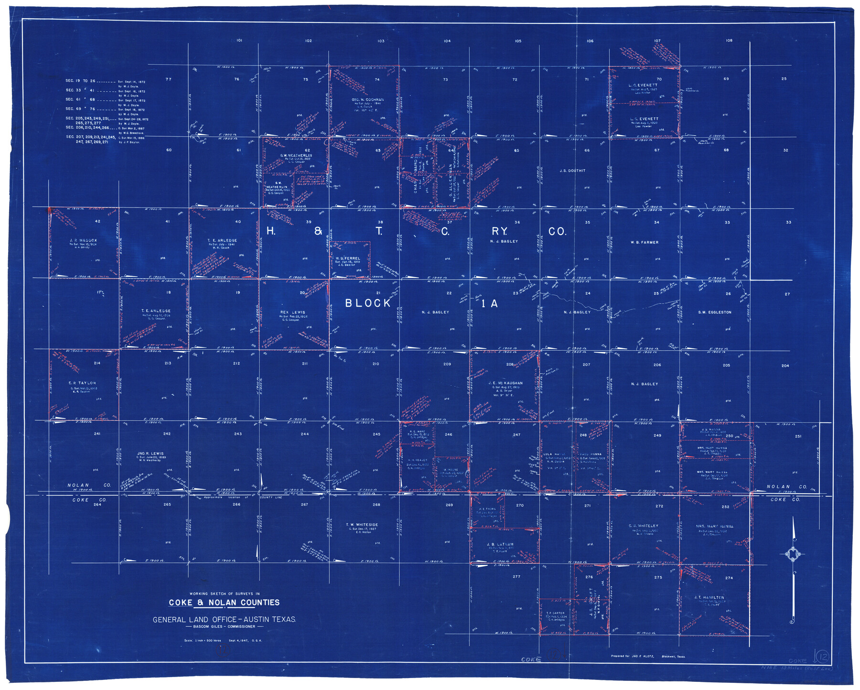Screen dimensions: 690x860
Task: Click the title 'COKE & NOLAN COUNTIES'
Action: [224, 603]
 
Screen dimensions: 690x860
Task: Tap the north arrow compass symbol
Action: [793, 554]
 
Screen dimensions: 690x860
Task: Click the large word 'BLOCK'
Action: [368, 303]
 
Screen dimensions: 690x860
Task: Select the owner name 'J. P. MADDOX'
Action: [83, 240]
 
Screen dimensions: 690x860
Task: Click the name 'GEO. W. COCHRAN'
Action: [367, 100]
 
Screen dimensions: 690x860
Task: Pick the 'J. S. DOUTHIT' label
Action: [572, 171]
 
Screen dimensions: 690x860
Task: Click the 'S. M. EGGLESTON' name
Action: [715, 313]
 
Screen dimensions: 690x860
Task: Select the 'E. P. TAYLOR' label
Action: [82, 383]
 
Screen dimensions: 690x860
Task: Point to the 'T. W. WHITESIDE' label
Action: [362, 525]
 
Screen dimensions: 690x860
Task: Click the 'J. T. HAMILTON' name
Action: [709, 598]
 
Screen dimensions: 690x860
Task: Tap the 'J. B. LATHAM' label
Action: [500, 544]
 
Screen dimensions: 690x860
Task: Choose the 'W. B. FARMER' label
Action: [645, 242]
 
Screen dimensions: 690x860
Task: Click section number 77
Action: [168, 79]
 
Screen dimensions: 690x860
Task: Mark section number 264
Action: [97, 505]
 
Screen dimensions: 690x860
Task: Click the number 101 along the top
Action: [239, 41]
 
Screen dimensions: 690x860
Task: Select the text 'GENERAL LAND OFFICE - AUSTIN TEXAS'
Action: [224, 620]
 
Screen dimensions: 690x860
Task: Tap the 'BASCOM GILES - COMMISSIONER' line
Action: [224, 627]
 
